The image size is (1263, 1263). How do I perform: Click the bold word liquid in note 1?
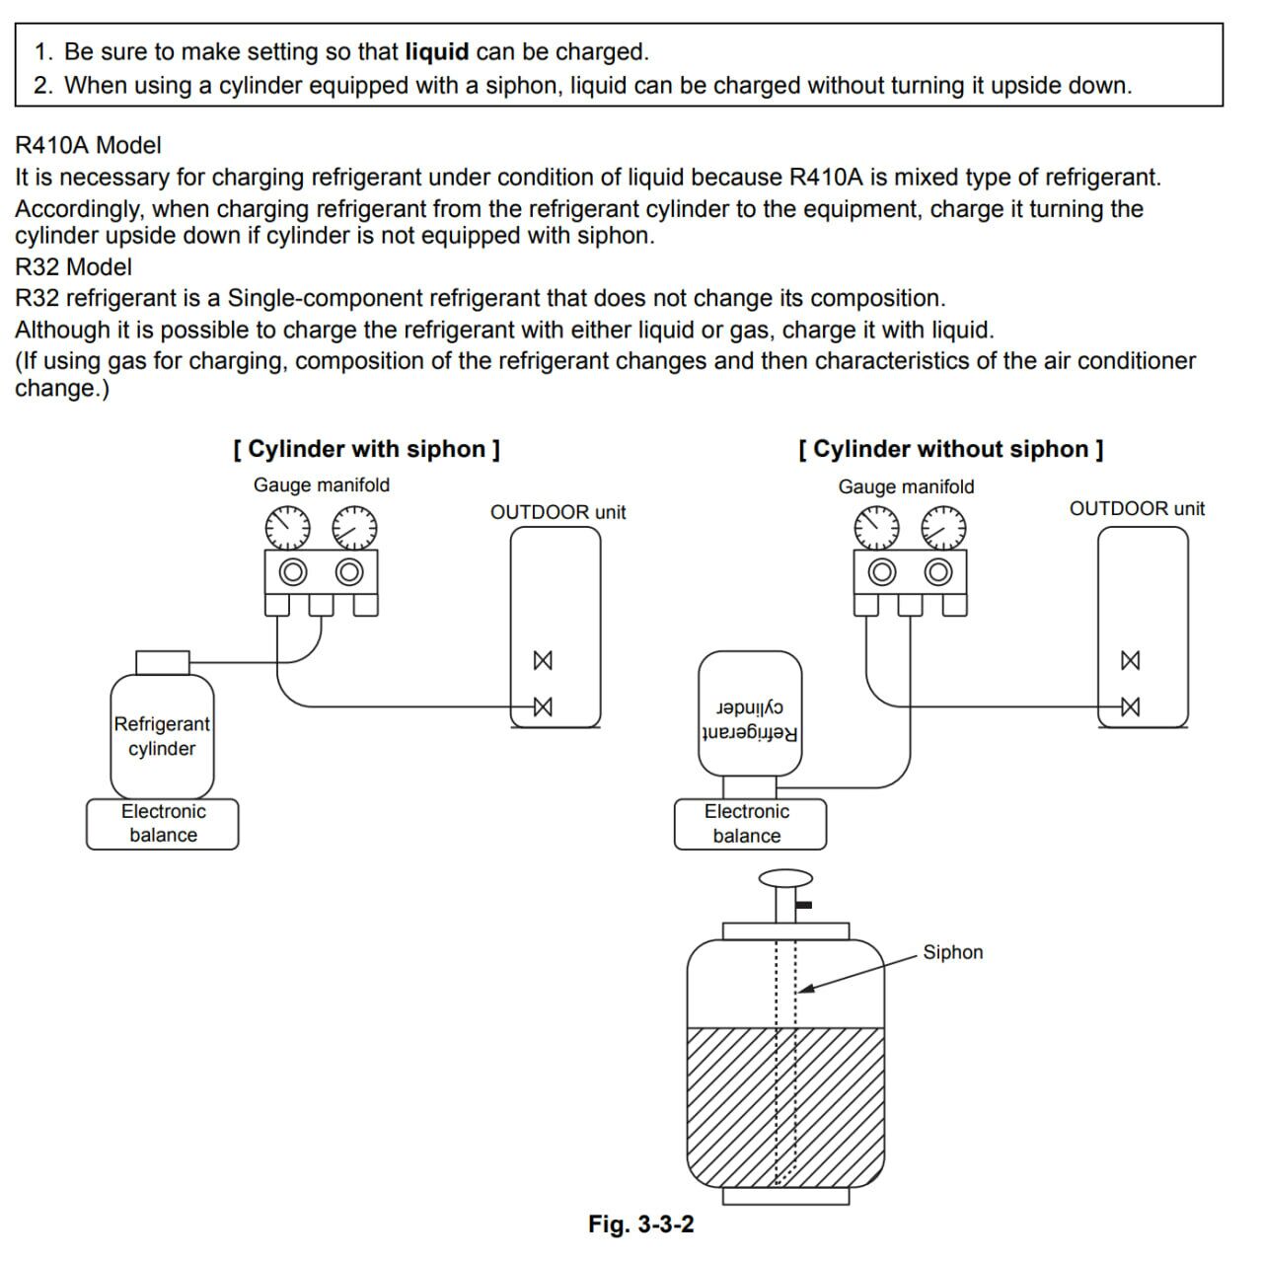coord(436,51)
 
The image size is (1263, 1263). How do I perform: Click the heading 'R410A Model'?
coord(88,145)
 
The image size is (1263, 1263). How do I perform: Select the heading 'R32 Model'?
coord(73,266)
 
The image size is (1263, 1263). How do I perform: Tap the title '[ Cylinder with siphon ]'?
coord(366,449)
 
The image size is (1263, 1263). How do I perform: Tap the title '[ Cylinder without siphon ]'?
coord(950,449)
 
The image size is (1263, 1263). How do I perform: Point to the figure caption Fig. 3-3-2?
coord(640,1225)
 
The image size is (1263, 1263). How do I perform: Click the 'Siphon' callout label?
coord(952,952)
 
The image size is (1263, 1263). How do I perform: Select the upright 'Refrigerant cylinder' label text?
coord(162,736)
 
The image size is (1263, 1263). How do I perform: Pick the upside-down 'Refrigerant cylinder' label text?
coord(749,721)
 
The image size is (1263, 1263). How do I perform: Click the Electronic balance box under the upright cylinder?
coord(163,824)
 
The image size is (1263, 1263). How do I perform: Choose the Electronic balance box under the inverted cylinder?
coord(747,824)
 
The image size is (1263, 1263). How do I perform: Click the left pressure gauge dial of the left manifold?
coord(289,528)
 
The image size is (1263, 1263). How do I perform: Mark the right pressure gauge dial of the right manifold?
coord(943,528)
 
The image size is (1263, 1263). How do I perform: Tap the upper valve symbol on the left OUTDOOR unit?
coord(542,660)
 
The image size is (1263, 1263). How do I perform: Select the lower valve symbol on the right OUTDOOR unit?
coord(1131,706)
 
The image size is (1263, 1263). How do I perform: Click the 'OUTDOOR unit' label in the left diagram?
coord(557,512)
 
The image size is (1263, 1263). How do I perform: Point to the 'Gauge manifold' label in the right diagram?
coord(906,486)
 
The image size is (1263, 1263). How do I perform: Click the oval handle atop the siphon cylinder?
coord(785,878)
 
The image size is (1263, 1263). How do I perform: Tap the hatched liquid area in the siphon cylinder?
coord(730,1105)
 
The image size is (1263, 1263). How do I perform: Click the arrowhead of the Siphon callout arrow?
coord(803,989)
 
